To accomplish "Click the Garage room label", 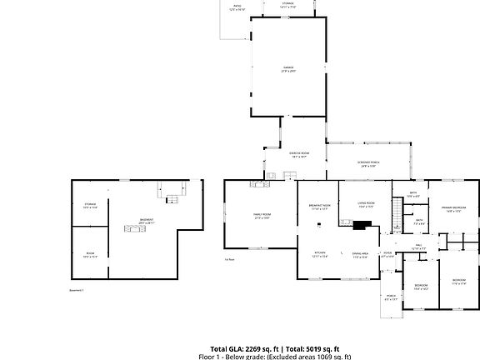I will click(x=288, y=68).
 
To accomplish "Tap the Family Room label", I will click(x=262, y=215).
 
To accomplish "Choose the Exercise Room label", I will click(x=299, y=155).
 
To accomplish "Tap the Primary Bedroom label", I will click(x=453, y=209).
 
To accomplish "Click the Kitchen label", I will click(x=320, y=253).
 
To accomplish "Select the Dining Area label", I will click(x=360, y=253).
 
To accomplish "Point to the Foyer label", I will click(x=387, y=254).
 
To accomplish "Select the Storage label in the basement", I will click(x=90, y=205).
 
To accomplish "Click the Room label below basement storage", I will click(x=90, y=255).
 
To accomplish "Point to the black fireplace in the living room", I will click(x=362, y=224).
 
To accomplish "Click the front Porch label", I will click(x=391, y=297).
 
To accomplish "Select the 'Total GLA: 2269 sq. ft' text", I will click(x=244, y=348).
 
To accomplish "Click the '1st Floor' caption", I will click(x=229, y=259).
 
